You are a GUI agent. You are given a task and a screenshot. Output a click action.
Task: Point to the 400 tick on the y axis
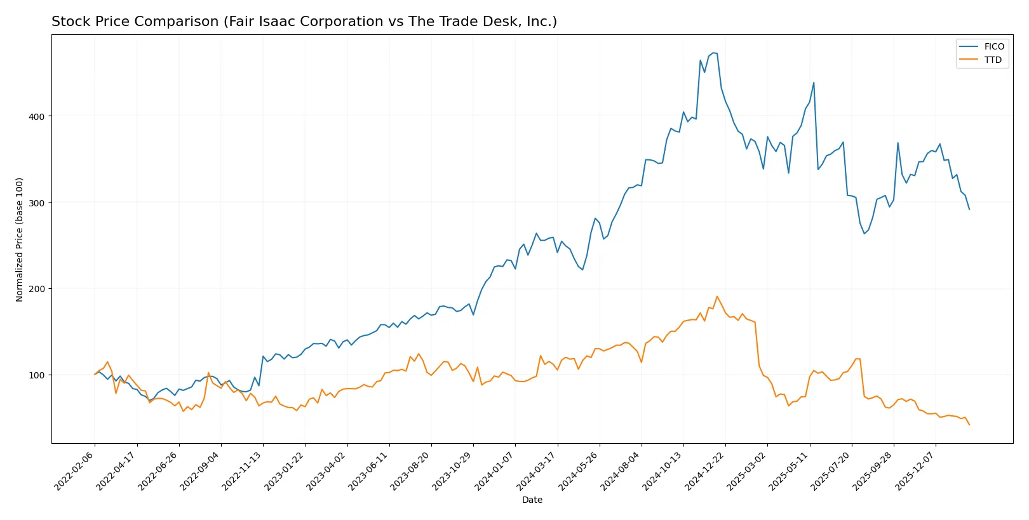tap(36, 117)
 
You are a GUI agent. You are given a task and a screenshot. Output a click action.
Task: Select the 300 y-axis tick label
tap(36, 203)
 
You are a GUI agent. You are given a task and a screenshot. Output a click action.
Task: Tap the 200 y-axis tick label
tap(36, 289)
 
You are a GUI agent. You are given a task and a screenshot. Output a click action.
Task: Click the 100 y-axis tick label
tap(36, 375)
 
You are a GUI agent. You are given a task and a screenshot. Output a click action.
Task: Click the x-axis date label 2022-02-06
tap(75, 470)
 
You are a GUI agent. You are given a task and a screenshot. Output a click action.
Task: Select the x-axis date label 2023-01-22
tap(285, 470)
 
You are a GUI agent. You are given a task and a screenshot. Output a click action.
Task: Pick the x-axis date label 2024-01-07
tap(495, 470)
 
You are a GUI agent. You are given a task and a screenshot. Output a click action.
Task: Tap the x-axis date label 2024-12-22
tap(706, 470)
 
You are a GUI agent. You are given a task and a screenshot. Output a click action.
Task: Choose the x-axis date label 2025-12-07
tap(916, 470)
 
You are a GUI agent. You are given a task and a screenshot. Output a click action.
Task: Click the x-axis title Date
tap(532, 500)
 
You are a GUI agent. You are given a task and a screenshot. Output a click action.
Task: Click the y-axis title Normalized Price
tap(20, 239)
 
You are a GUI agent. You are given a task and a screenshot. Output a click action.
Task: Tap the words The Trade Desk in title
tap(463, 22)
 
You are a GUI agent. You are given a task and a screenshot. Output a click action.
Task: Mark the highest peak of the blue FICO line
tap(713, 53)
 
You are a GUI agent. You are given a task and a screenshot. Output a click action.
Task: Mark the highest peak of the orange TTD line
tap(717, 296)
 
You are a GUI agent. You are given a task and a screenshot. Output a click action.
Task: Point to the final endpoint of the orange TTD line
tap(969, 425)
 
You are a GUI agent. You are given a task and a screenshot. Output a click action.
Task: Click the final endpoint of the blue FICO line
tap(969, 210)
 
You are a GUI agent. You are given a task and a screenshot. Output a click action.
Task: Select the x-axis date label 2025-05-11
tap(790, 470)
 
